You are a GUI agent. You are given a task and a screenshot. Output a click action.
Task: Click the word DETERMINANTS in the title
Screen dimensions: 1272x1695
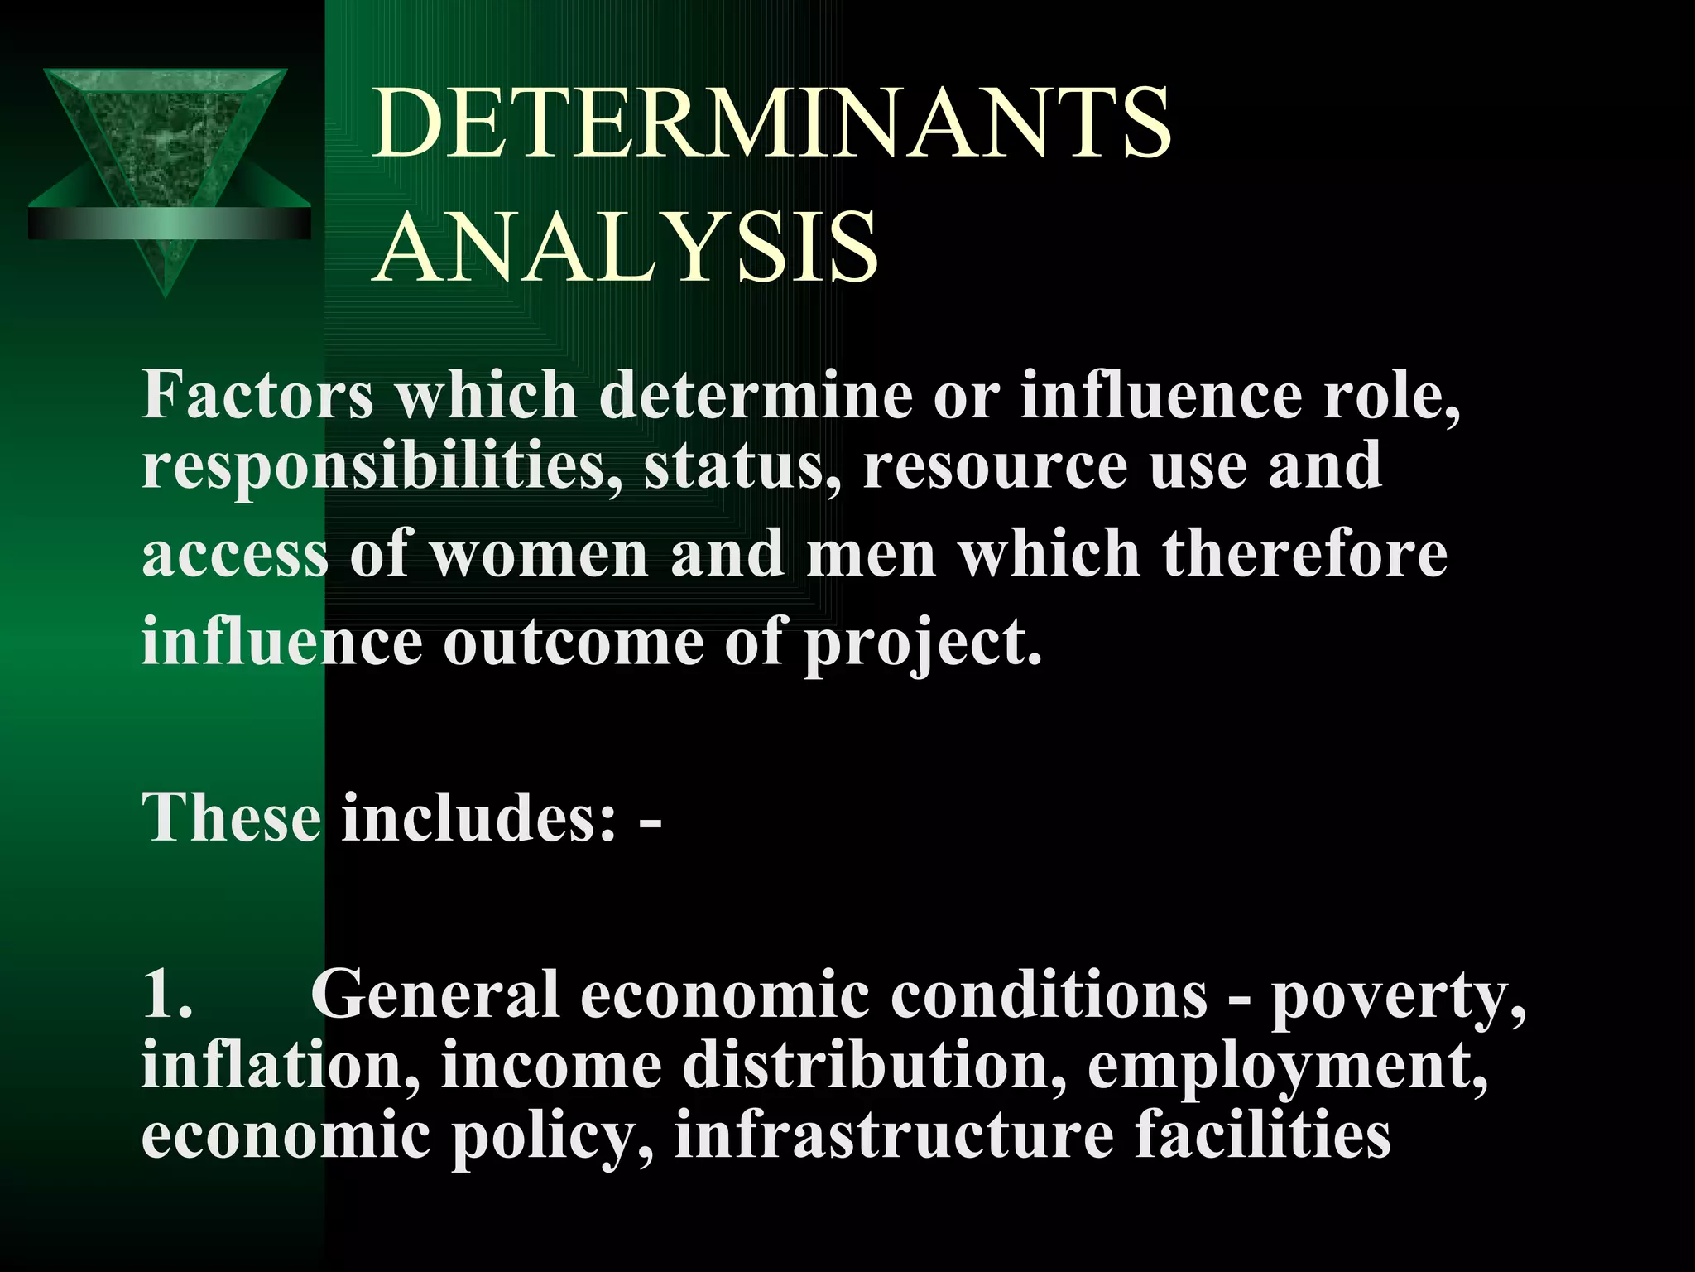tap(771, 124)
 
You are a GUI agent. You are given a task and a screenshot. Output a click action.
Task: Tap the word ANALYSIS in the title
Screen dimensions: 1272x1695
tap(627, 246)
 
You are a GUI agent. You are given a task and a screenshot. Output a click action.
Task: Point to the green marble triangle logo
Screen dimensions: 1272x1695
tap(168, 166)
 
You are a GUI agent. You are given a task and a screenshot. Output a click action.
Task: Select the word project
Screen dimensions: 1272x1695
tap(923, 644)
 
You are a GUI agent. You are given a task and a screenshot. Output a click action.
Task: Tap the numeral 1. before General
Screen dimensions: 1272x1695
tap(167, 993)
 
